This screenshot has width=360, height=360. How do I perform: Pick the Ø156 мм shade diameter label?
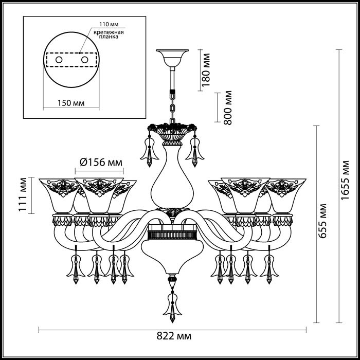(x=101, y=163)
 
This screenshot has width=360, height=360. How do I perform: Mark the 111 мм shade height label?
(x=22, y=196)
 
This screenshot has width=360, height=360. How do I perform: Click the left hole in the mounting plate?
(x=59, y=61)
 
